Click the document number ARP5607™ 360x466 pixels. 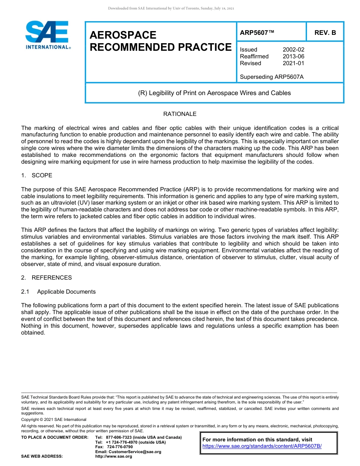coord(257,33)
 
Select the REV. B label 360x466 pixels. coord(325,33)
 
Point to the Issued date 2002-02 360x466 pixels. coord(293,50)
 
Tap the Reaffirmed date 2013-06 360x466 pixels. coord(293,56)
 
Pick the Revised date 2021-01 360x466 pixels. coord(293,63)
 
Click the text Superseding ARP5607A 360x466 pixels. coord(272,77)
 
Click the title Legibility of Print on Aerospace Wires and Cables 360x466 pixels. coord(214,93)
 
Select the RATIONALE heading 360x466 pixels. coord(180,114)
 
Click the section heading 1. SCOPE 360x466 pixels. coord(37,175)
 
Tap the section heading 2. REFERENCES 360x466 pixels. coord(46,278)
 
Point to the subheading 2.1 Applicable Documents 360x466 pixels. coord(58,292)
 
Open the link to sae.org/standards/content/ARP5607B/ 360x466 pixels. coord(262,446)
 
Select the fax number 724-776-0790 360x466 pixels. coord(120,447)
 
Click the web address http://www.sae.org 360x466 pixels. coord(114,457)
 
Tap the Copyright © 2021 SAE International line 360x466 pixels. coord(54,420)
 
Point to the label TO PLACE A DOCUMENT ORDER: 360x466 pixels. coord(55,438)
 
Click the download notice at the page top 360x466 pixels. coord(171,8)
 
